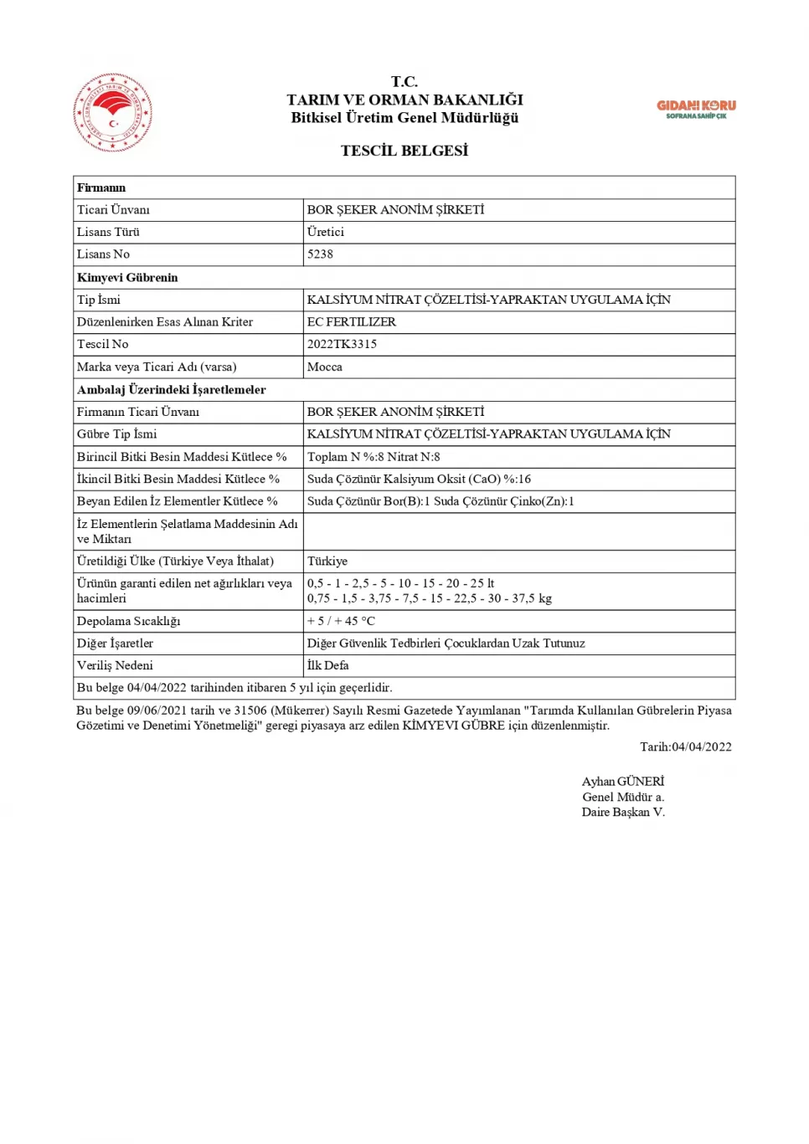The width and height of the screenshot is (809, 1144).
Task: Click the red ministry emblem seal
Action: pyautogui.click(x=113, y=112)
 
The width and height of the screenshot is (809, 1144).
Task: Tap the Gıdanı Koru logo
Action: pyautogui.click(x=696, y=109)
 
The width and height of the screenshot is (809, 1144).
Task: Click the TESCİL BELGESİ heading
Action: pyautogui.click(x=404, y=151)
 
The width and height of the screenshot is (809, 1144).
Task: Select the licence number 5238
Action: pyautogui.click(x=320, y=254)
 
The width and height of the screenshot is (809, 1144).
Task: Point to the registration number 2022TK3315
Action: pyautogui.click(x=342, y=344)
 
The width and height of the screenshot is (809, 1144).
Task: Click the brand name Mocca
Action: pyautogui.click(x=324, y=367)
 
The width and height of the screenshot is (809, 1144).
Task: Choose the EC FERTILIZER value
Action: pyautogui.click(x=352, y=321)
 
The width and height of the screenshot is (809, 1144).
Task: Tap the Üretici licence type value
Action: pyautogui.click(x=325, y=232)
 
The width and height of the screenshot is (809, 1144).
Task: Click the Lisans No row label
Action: pyautogui.click(x=103, y=254)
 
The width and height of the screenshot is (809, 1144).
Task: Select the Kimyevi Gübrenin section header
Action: pyautogui.click(x=127, y=277)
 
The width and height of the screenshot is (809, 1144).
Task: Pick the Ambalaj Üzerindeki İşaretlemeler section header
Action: pyautogui.click(x=171, y=389)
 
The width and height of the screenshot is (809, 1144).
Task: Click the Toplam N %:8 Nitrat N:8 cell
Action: pyautogui.click(x=374, y=457)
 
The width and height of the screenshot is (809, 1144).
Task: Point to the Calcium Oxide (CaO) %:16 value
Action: pyautogui.click(x=419, y=479)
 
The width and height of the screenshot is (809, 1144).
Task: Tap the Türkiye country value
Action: pyautogui.click(x=327, y=561)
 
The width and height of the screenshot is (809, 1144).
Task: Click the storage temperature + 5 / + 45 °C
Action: pyautogui.click(x=341, y=621)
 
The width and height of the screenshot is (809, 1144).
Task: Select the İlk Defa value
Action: pyautogui.click(x=327, y=665)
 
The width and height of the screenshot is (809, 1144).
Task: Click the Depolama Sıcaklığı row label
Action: pyautogui.click(x=128, y=621)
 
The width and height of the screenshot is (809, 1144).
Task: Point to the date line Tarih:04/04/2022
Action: pyautogui.click(x=685, y=746)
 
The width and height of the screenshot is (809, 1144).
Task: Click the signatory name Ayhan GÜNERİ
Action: pyautogui.click(x=622, y=782)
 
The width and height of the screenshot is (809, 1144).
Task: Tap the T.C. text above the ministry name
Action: pyautogui.click(x=404, y=81)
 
